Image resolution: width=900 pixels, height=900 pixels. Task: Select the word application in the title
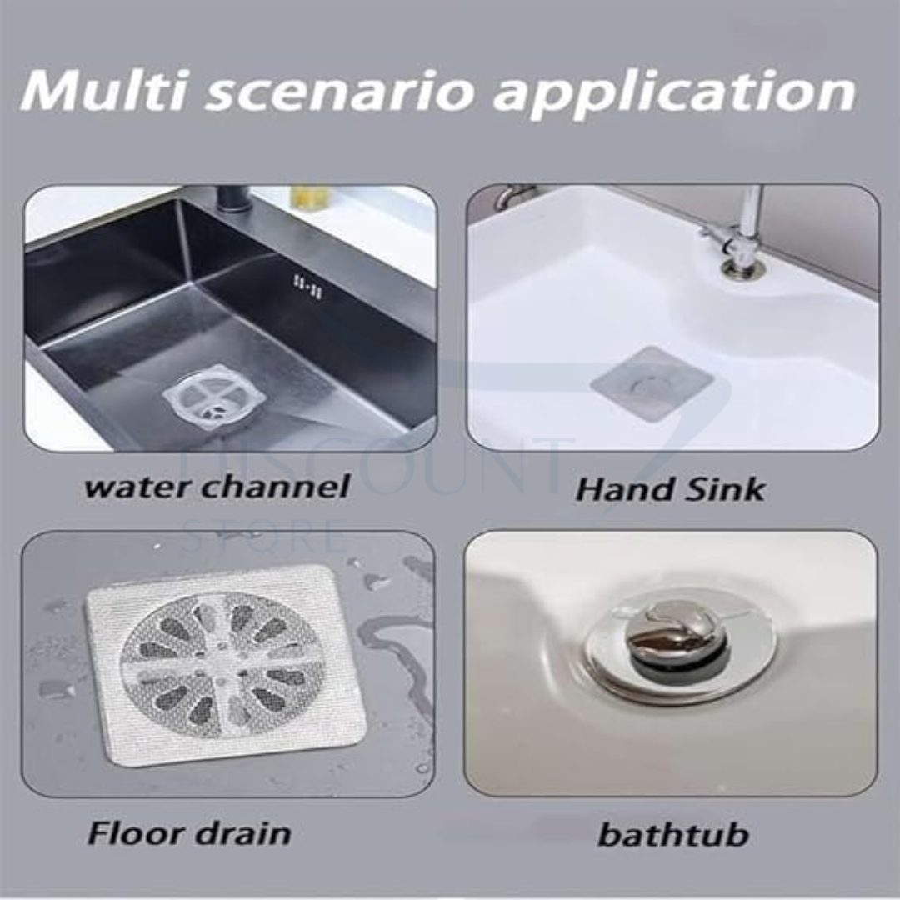(675, 93)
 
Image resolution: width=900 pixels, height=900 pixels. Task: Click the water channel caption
(216, 487)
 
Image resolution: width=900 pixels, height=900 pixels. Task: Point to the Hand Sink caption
(670, 489)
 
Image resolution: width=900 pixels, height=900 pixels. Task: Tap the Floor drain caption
(190, 833)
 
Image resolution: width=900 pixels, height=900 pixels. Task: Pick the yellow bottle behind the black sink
(310, 198)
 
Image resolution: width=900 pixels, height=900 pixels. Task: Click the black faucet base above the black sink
(232, 200)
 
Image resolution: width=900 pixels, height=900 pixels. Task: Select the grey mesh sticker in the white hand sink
(652, 383)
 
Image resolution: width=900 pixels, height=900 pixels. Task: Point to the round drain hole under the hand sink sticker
(643, 384)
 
